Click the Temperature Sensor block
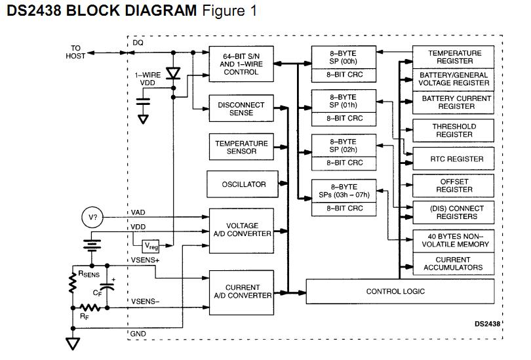[241, 147]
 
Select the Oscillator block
[243, 184]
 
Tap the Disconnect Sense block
[241, 109]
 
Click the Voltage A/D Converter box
[242, 230]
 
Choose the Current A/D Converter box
[242, 291]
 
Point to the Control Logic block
[395, 291]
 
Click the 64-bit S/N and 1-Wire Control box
[241, 64]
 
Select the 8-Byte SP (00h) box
[343, 57]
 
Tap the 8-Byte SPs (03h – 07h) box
[344, 191]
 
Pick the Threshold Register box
[454, 130]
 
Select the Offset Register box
[454, 186]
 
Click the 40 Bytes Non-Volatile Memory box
[454, 240]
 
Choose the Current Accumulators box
[452, 264]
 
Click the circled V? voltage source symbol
[93, 218]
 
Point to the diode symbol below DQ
[172, 73]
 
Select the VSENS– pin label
[145, 302]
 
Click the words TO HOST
[76, 52]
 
